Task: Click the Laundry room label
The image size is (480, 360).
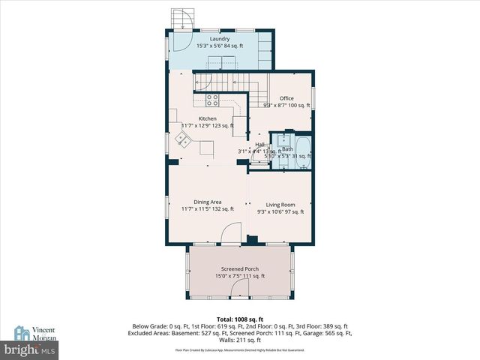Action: [219, 39]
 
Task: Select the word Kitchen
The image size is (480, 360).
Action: [207, 118]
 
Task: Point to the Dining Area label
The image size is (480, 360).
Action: [207, 202]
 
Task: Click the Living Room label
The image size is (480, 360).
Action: [280, 204]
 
